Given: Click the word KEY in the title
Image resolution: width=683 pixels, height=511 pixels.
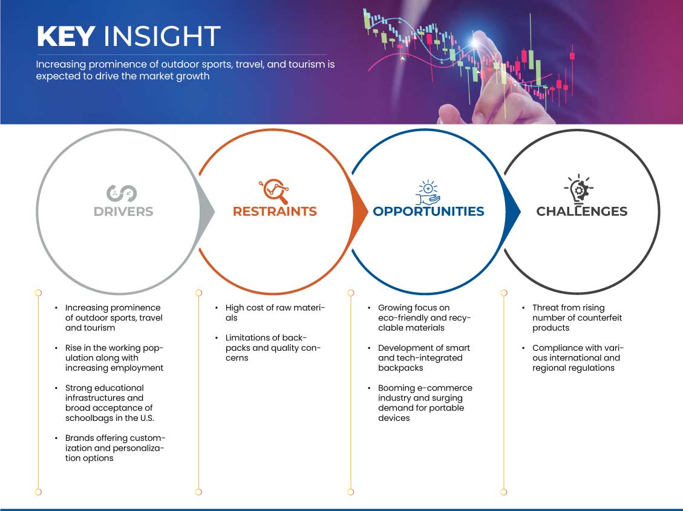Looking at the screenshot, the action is (66, 36).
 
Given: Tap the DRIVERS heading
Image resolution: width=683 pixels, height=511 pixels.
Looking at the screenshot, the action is (123, 212).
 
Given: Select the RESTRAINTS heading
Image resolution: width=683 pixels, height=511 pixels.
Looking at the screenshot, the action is (275, 212).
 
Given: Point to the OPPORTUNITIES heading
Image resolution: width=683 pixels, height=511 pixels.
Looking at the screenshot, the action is (429, 212).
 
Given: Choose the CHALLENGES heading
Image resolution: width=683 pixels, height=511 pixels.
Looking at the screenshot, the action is (582, 212).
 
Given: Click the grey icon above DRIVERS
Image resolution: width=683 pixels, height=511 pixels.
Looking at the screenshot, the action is (122, 194).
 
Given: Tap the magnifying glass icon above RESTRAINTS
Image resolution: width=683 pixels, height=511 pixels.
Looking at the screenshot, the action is (275, 191).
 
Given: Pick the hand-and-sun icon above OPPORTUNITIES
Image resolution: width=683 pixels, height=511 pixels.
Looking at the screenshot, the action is (428, 192).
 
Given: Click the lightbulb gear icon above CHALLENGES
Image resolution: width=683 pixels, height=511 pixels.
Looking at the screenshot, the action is (579, 189).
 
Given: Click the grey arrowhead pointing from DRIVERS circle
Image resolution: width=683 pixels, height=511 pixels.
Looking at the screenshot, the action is (208, 212).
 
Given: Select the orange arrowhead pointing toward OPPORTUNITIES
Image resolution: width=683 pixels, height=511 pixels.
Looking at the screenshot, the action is (360, 212).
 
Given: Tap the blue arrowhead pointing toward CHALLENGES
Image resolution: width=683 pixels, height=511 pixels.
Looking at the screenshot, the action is (512, 212).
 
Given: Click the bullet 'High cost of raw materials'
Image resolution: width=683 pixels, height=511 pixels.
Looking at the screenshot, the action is (275, 313).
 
